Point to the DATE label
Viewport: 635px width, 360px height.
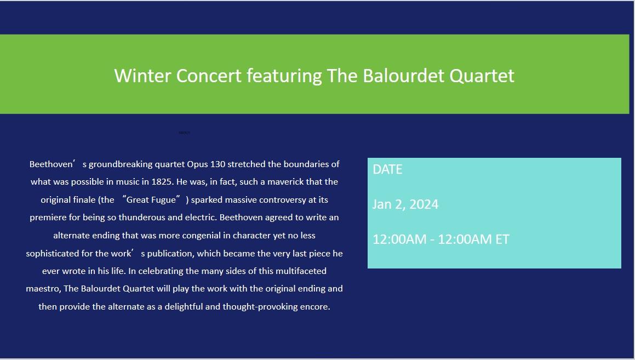[x=387, y=169]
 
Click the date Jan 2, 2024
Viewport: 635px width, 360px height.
[x=405, y=204]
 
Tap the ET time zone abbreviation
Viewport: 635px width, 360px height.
[x=502, y=239]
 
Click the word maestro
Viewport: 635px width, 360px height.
[x=43, y=288]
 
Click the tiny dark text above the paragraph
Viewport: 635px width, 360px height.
[x=184, y=133]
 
